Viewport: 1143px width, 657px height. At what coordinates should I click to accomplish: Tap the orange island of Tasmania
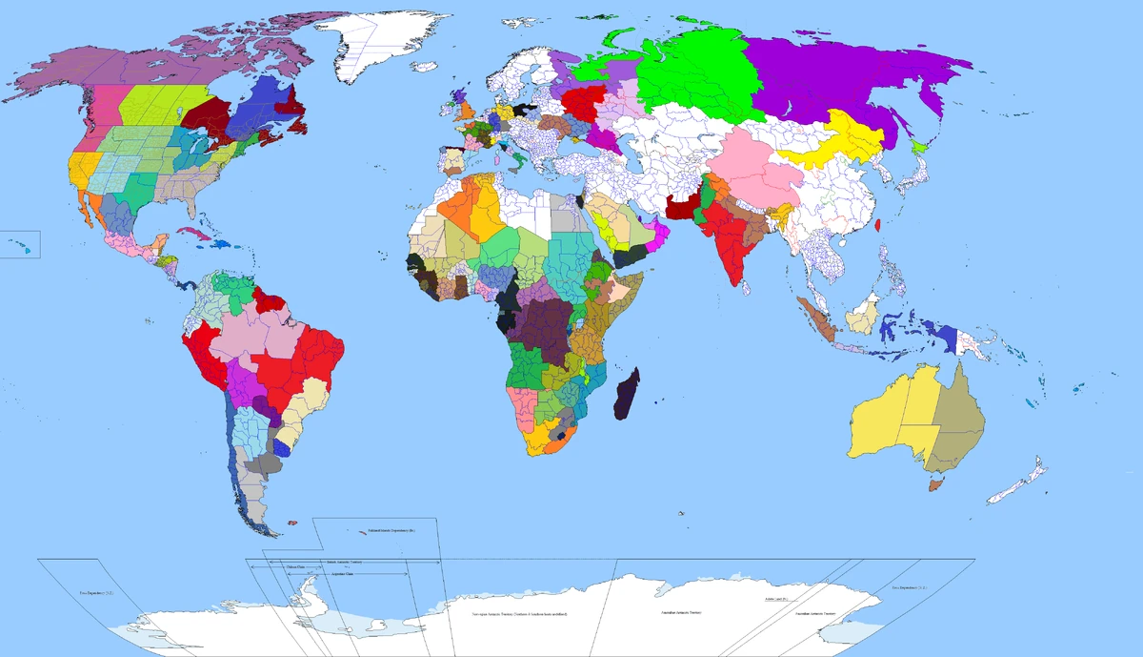[x=936, y=485]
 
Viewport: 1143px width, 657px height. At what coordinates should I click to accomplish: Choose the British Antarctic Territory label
[x=344, y=563]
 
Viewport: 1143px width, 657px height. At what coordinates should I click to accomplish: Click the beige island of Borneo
[x=863, y=316]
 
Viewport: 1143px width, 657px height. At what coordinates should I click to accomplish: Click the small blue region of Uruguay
[x=283, y=447]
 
